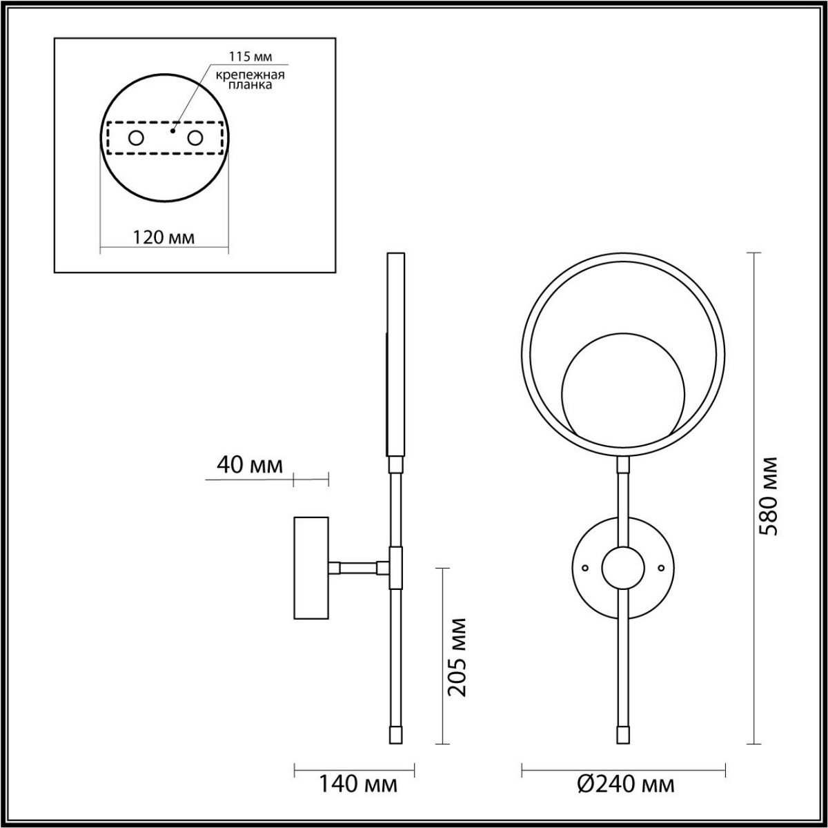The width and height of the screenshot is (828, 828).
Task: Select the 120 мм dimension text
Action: [164, 237]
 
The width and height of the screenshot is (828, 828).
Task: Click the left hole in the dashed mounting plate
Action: [136, 138]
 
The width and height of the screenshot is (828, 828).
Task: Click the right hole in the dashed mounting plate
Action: [195, 138]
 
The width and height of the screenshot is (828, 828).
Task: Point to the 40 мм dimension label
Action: [250, 466]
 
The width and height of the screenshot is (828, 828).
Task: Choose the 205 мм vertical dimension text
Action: [456, 656]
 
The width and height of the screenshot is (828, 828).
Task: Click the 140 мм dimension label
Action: [357, 784]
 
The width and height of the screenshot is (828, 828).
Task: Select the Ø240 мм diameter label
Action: [624, 784]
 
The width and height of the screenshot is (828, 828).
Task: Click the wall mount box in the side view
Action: [312, 567]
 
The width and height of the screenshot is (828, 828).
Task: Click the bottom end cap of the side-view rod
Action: [396, 733]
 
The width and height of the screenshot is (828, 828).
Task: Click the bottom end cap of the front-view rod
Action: [623, 733]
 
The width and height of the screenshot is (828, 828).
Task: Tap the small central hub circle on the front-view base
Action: [623, 568]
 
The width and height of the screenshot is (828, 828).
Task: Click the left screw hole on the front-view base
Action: [585, 568]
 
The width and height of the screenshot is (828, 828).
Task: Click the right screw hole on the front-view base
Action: [661, 568]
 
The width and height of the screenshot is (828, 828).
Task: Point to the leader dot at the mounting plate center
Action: [173, 129]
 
